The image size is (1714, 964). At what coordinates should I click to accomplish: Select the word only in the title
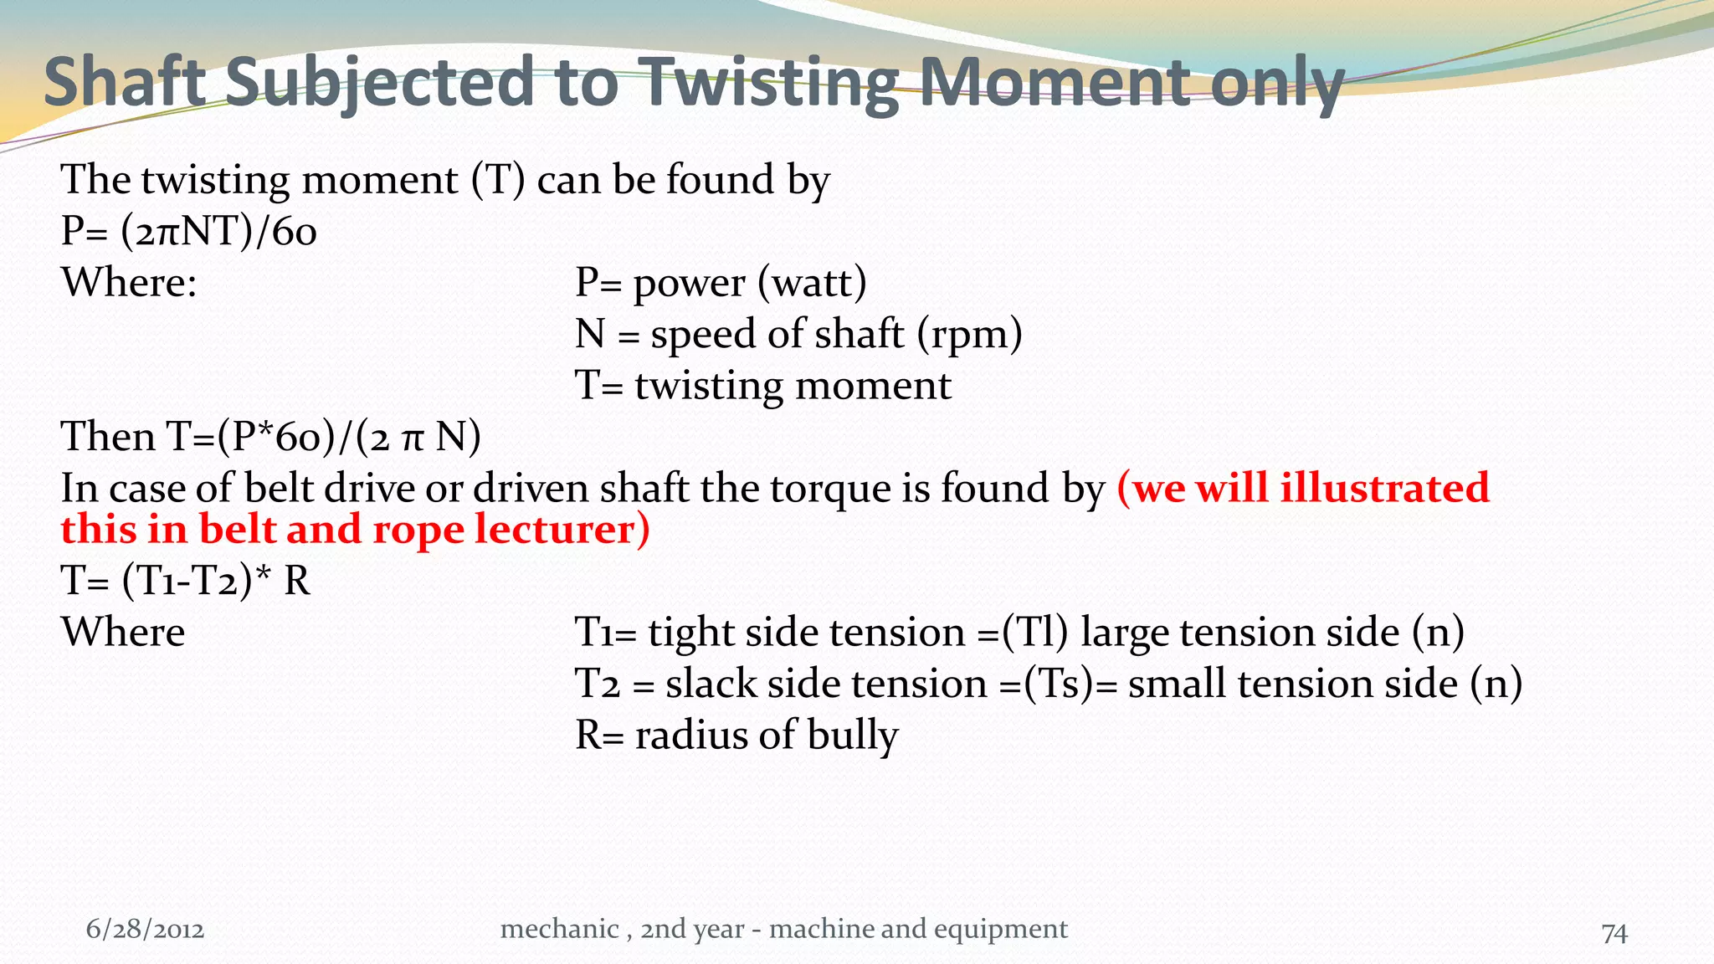pos(1276,84)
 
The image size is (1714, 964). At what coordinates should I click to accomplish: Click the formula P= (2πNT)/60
pos(189,232)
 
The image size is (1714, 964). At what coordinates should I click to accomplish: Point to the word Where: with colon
pos(129,283)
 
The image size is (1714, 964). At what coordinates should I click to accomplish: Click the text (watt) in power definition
pos(812,284)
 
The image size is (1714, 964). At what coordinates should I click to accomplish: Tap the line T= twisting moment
pos(762,386)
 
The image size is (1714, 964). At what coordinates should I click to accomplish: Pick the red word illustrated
pos(1384,488)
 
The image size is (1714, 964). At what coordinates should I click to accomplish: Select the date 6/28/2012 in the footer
pos(145,930)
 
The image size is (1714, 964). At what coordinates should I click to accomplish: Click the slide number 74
pos(1614,932)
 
